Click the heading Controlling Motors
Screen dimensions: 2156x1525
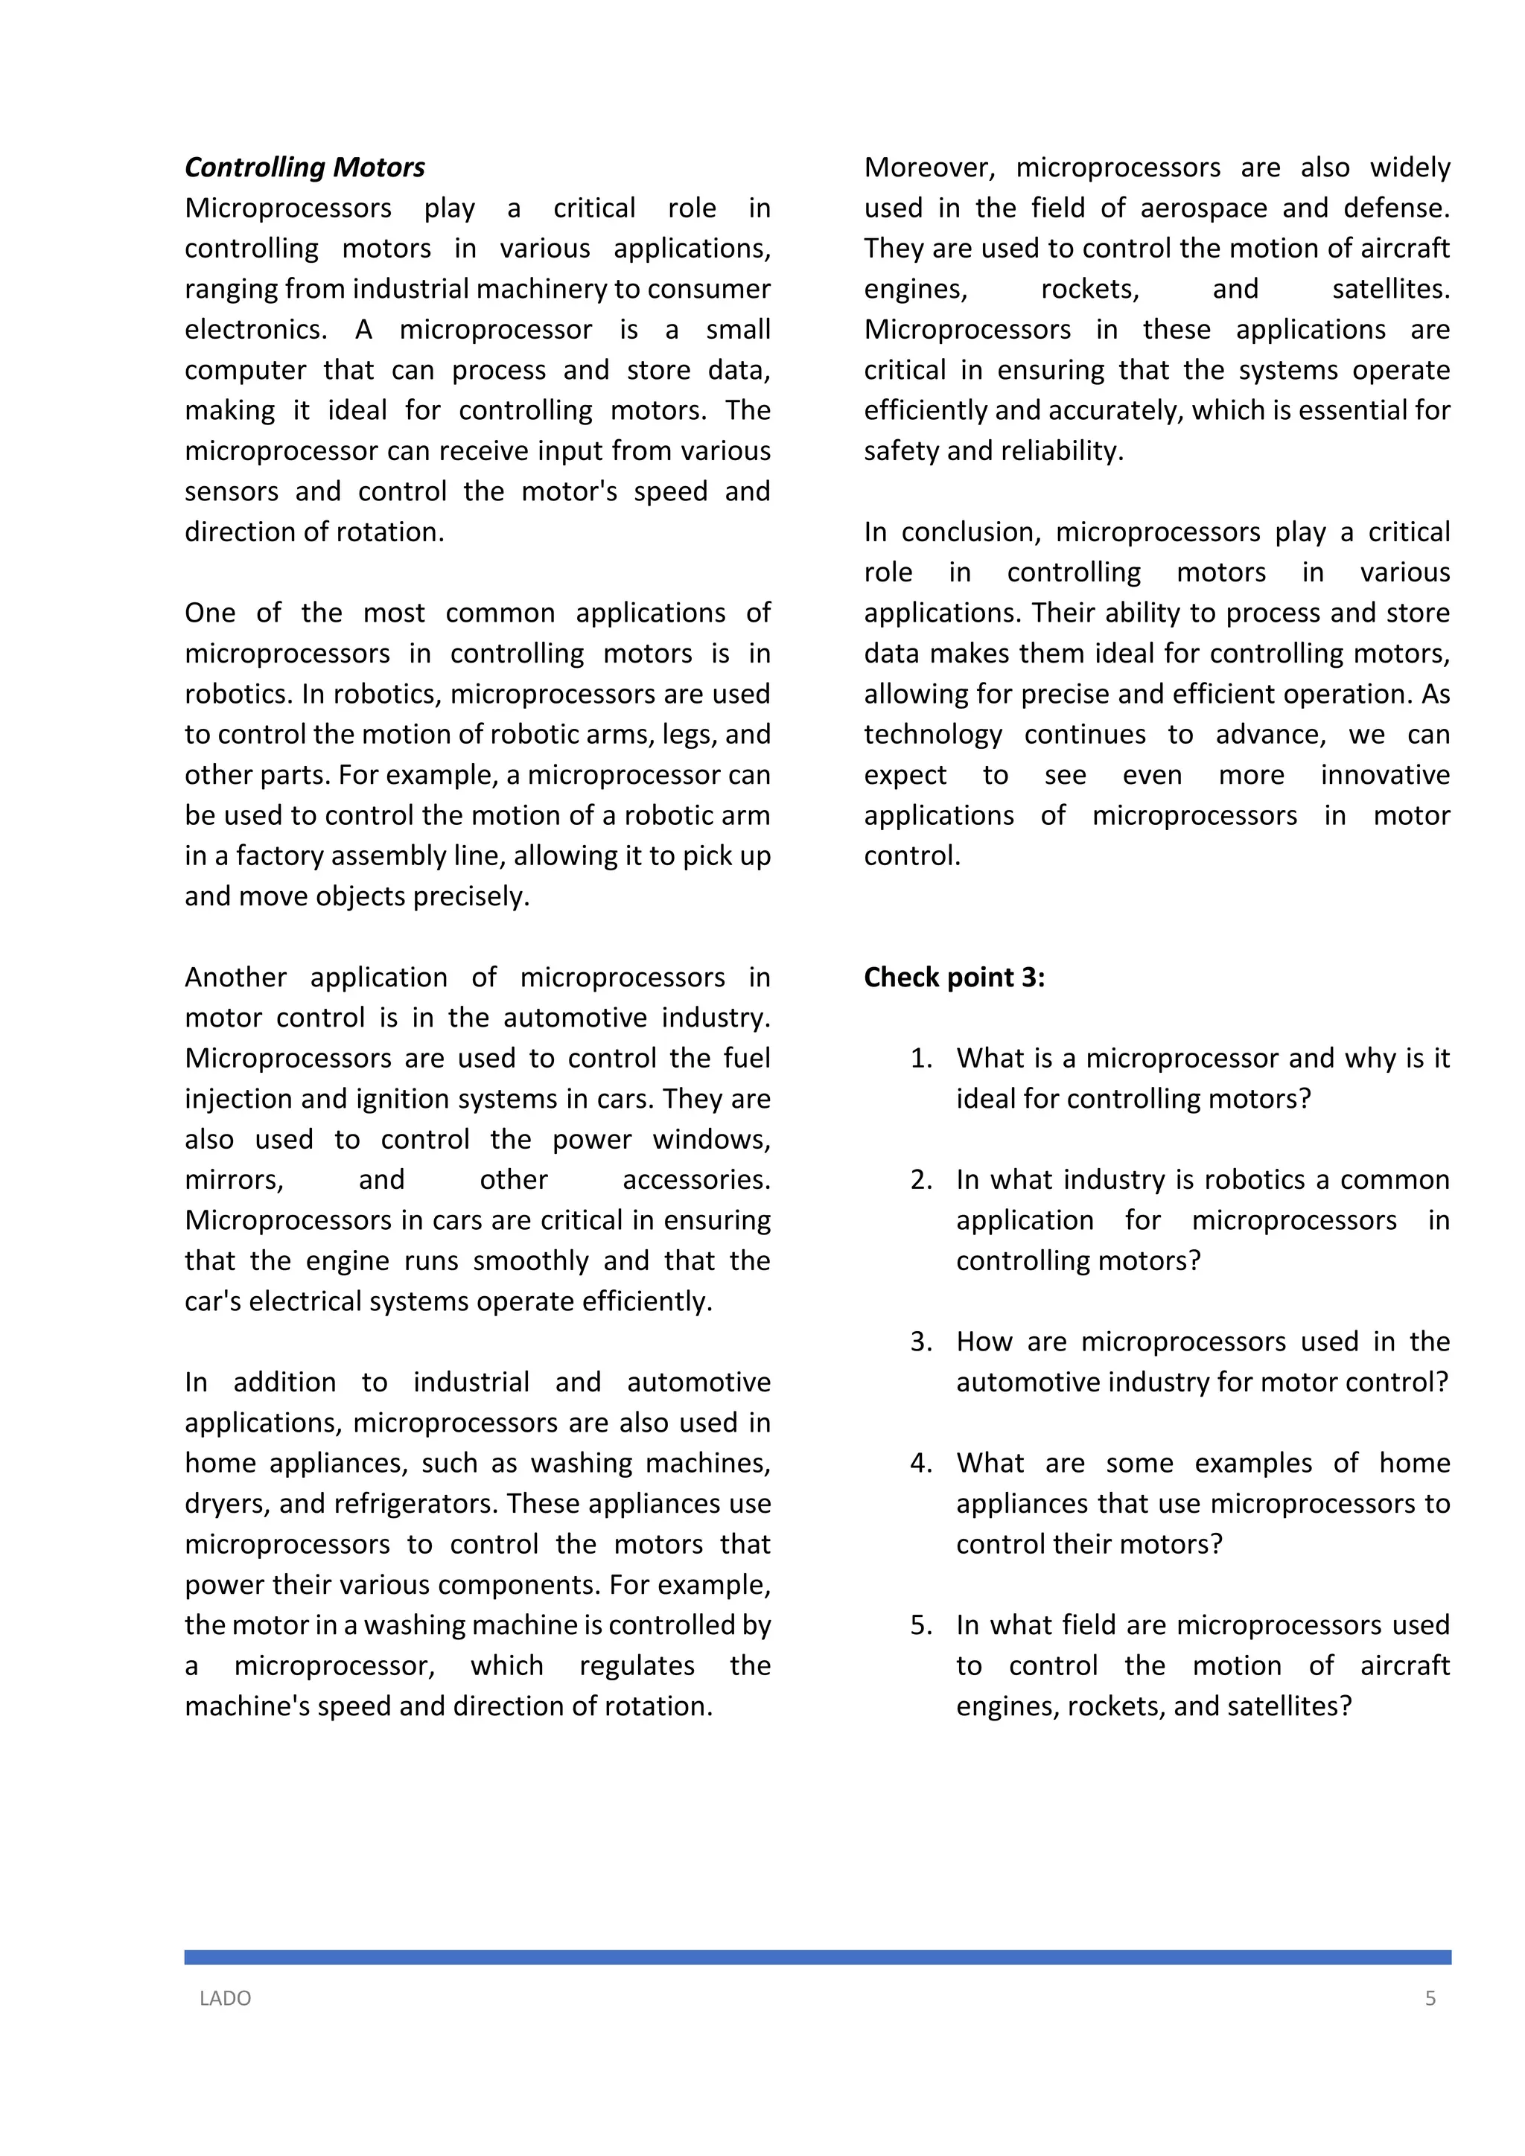[305, 168]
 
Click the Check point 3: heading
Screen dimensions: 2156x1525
[954, 977]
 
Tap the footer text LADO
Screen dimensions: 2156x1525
[226, 1998]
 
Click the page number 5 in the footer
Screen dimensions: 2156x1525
[1430, 1998]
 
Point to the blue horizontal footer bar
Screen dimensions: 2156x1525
[817, 1957]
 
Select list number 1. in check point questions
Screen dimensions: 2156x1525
[921, 1059]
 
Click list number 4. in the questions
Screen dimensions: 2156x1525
[921, 1463]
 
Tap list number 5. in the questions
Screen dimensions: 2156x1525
[921, 1625]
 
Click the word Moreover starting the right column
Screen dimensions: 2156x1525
[928, 168]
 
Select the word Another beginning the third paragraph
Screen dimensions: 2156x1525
[236, 977]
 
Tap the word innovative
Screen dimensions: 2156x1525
[1385, 776]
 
